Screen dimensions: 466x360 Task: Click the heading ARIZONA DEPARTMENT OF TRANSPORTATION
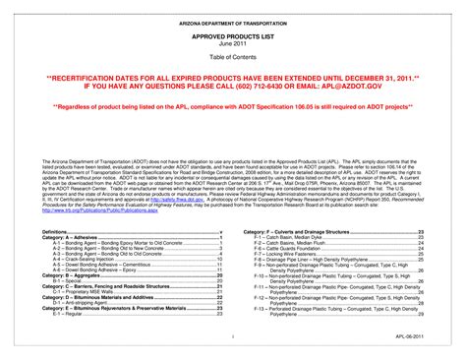(x=233, y=20)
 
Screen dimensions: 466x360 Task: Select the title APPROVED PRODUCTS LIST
(x=233, y=34)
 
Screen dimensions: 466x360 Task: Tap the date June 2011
(x=233, y=42)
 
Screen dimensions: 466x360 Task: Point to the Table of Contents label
(x=233, y=56)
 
